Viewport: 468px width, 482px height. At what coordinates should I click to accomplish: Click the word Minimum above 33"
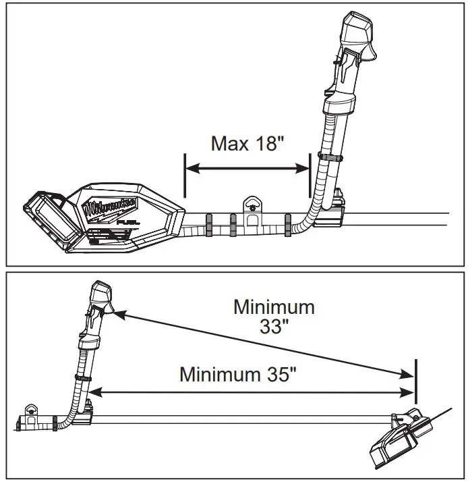point(274,307)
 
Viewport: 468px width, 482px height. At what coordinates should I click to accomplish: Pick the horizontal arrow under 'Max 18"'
point(247,169)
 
